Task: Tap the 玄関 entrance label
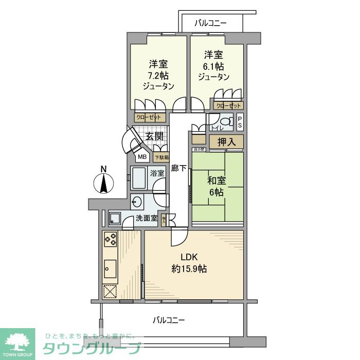[x=154, y=136]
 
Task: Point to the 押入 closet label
[x=226, y=141]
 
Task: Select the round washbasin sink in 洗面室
[x=137, y=201]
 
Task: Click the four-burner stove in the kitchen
[x=110, y=238]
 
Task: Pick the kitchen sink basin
[x=110, y=267]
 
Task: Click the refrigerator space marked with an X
[x=110, y=291]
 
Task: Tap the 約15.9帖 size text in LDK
[x=189, y=268]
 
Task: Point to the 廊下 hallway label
[x=179, y=168]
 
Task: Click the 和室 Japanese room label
[x=215, y=181]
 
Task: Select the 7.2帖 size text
[x=158, y=76]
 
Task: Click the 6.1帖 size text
[x=213, y=66]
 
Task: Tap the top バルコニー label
[x=211, y=23]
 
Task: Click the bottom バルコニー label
[x=169, y=320]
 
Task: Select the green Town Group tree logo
[x=17, y=340]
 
